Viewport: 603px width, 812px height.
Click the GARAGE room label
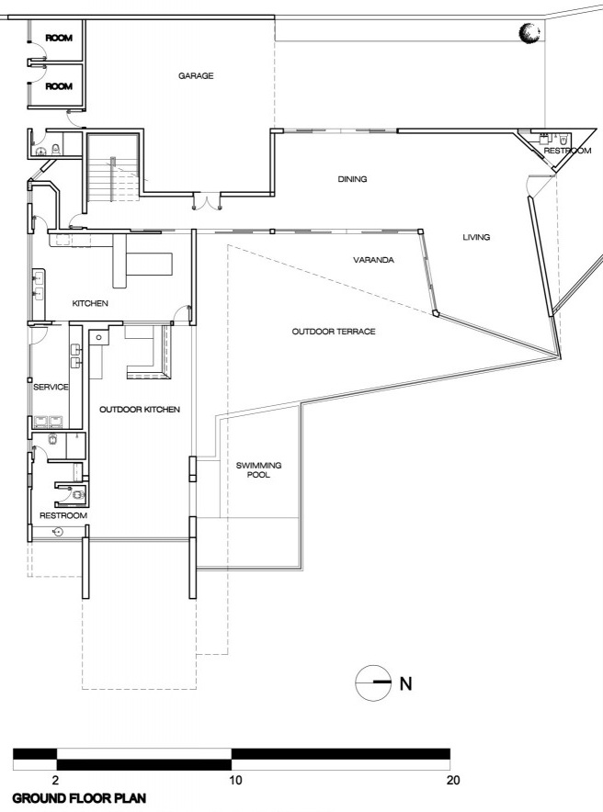pyautogui.click(x=196, y=75)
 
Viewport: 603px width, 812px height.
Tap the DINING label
pyautogui.click(x=352, y=179)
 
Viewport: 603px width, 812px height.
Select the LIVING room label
pyautogui.click(x=476, y=237)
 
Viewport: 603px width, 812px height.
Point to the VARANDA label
pyautogui.click(x=373, y=260)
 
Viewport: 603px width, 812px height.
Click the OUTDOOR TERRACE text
pyautogui.click(x=334, y=332)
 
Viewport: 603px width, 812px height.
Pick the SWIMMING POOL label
pyautogui.click(x=258, y=469)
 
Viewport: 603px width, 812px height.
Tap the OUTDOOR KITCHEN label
pyautogui.click(x=140, y=410)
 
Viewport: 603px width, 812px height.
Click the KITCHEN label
pyautogui.click(x=90, y=303)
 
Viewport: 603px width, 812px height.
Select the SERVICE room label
pyautogui.click(x=51, y=387)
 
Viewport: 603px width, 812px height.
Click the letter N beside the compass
pyautogui.click(x=405, y=683)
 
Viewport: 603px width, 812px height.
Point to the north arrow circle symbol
pyautogui.click(x=373, y=683)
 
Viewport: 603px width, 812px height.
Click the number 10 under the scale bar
pyautogui.click(x=235, y=780)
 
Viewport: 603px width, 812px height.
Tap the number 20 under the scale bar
pyautogui.click(x=453, y=780)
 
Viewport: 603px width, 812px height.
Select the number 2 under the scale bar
pyautogui.click(x=55, y=780)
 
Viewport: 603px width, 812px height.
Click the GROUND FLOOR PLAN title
pyautogui.click(x=79, y=798)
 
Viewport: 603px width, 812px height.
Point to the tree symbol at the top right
pyautogui.click(x=529, y=33)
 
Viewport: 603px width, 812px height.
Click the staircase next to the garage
pyautogui.click(x=113, y=168)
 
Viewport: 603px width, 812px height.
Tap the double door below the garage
pyautogui.click(x=207, y=201)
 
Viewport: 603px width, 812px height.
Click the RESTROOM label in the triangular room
pyautogui.click(x=567, y=151)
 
